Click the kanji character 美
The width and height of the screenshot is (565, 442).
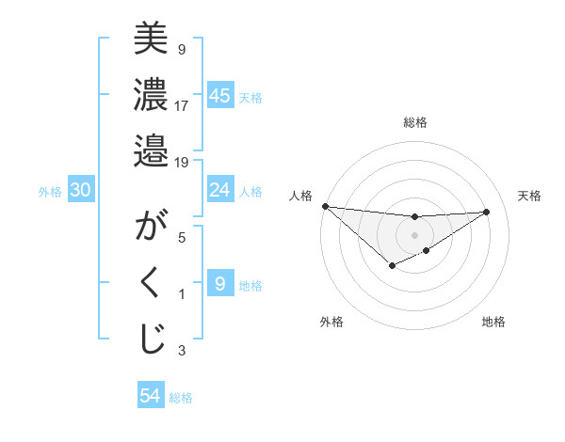(x=151, y=40)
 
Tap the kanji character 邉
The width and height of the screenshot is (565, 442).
(x=151, y=150)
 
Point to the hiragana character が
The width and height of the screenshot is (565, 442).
(x=151, y=228)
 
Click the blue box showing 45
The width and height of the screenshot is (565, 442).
(x=220, y=96)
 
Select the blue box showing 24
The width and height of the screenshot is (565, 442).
(x=220, y=191)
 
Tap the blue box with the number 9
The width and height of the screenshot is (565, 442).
(x=220, y=284)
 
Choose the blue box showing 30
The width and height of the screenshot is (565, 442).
(x=81, y=191)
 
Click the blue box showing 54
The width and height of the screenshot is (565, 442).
(x=151, y=396)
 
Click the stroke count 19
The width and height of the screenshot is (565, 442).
(x=181, y=163)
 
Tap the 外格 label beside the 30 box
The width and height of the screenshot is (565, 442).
(x=50, y=192)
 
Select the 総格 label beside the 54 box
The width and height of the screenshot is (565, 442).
(x=181, y=397)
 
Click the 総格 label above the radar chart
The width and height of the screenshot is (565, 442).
(x=414, y=122)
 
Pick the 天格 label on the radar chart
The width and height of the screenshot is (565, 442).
(x=529, y=196)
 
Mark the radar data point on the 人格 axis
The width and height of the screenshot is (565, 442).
(x=325, y=206)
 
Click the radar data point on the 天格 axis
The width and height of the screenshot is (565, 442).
(x=487, y=212)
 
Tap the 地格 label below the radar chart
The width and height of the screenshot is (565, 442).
(x=493, y=322)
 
